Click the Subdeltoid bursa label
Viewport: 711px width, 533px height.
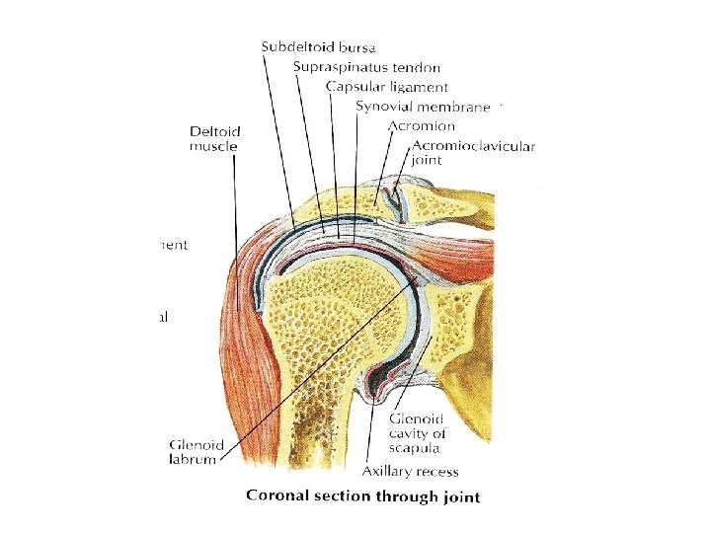(319, 45)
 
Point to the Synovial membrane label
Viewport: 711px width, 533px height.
(424, 107)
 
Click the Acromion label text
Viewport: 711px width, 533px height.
(422, 126)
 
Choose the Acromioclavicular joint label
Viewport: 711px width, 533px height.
(467, 154)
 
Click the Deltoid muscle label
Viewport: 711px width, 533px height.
(214, 138)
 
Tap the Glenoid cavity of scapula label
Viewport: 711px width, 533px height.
(419, 433)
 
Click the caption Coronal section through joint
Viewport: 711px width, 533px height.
(362, 495)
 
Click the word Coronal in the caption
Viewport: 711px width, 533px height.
(277, 495)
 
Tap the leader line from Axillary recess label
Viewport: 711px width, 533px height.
(372, 434)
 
